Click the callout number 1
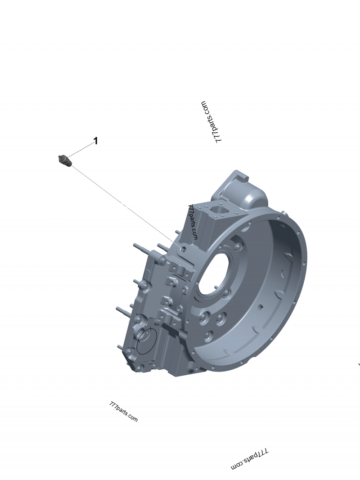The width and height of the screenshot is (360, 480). click(95, 141)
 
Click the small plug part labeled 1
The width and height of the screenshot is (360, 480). click(65, 161)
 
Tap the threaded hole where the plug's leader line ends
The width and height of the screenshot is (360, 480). click(183, 249)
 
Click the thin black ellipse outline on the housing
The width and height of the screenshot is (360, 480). click(147, 341)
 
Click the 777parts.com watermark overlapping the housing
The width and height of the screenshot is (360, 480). click(193, 222)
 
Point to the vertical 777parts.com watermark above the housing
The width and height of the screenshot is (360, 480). click(211, 122)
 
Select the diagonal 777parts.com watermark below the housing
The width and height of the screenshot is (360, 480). click(123, 411)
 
